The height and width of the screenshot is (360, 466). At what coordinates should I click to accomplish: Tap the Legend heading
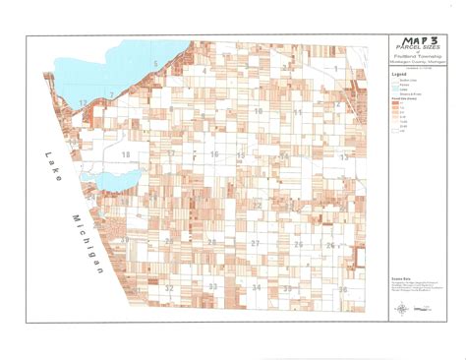click(x=399, y=75)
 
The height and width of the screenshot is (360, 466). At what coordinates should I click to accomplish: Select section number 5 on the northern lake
click(x=155, y=64)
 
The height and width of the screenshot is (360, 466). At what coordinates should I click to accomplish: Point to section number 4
click(x=204, y=71)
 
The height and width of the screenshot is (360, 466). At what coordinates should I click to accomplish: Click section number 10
click(x=259, y=112)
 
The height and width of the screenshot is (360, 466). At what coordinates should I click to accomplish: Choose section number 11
click(x=298, y=113)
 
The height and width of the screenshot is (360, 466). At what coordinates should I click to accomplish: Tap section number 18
click(x=125, y=156)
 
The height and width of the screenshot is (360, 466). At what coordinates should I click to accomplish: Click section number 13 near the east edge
click(x=344, y=157)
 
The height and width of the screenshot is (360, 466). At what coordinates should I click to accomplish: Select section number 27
click(x=255, y=243)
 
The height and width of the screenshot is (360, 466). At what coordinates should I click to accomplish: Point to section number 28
click(x=211, y=243)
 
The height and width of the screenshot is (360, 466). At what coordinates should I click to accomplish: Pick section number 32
click(x=169, y=287)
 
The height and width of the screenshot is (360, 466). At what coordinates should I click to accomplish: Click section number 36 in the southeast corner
click(x=343, y=289)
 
